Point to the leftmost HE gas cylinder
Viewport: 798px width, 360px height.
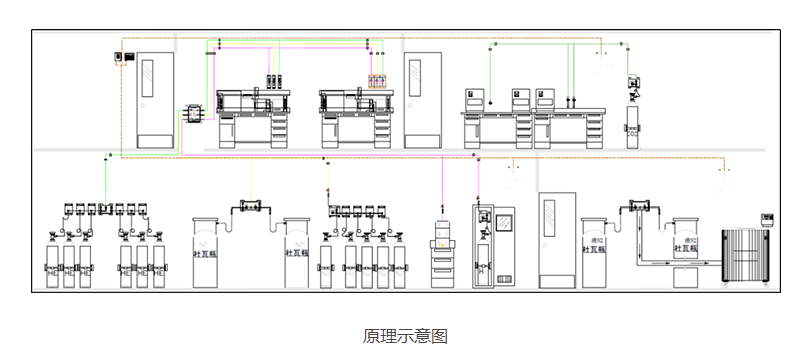[x=52, y=262]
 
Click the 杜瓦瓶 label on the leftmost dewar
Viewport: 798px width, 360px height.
[x=205, y=254]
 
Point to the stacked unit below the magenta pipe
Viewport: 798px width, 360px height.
[x=441, y=255]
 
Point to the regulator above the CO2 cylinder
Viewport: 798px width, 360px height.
[x=633, y=84]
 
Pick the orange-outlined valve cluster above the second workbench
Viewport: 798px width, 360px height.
[x=377, y=80]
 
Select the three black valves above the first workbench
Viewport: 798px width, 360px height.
[x=275, y=80]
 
